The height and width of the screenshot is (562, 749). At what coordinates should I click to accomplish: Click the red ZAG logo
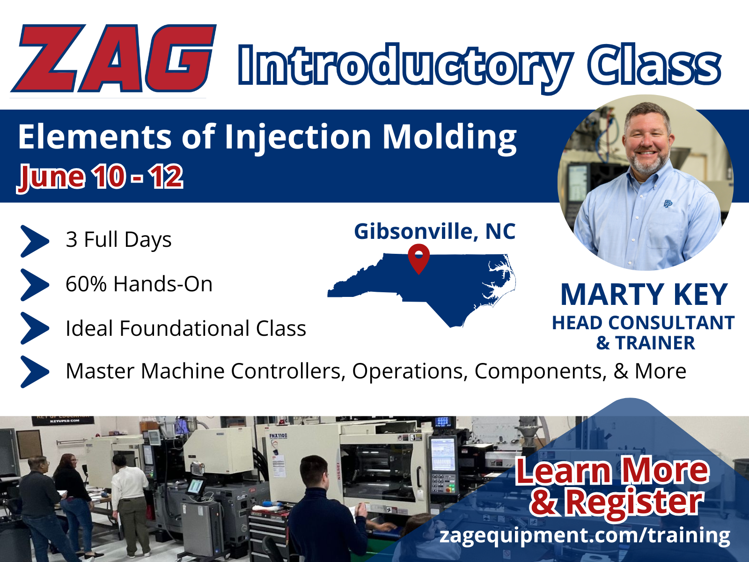click(114, 58)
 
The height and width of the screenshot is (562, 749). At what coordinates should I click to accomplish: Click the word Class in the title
click(654, 65)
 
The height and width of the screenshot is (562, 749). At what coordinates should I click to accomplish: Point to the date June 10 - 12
click(100, 177)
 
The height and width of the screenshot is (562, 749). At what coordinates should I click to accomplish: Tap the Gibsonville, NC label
click(435, 231)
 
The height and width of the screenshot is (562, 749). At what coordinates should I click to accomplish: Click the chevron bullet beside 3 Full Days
click(35, 241)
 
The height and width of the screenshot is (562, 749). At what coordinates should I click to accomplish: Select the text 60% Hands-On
click(139, 284)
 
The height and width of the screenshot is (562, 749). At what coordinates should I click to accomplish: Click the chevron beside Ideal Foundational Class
click(35, 328)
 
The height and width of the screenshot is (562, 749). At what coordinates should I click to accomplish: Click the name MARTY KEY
click(644, 295)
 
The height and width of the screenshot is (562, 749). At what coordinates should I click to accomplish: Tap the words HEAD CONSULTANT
click(643, 323)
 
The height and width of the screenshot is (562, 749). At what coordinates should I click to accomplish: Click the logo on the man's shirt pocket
click(668, 204)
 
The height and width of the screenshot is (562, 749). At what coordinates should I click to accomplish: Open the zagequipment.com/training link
click(585, 535)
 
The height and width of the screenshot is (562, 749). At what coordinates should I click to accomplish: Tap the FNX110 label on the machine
click(278, 436)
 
